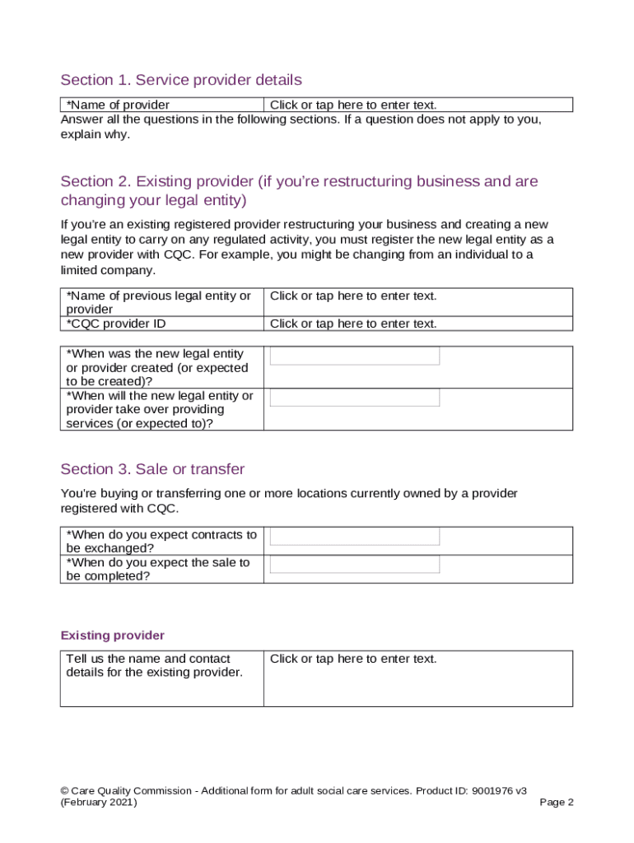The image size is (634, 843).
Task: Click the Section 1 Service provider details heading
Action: [181, 80]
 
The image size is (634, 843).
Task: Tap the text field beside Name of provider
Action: [353, 105]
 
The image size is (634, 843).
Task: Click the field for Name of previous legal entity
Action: [353, 296]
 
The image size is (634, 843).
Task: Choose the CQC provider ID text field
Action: [353, 324]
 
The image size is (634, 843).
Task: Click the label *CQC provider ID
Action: [116, 324]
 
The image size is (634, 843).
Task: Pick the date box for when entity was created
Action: [355, 356]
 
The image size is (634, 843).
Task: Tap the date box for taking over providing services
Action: [355, 398]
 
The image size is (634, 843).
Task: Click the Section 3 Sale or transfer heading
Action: [152, 469]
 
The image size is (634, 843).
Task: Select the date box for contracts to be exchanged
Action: [355, 536]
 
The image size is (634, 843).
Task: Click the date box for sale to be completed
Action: [355, 564]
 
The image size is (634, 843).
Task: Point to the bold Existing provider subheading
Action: [113, 636]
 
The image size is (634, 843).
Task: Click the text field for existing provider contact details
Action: [353, 659]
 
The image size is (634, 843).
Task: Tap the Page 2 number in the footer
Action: [557, 803]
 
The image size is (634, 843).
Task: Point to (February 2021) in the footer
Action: [100, 803]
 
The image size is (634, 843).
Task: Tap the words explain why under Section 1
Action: [95, 135]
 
